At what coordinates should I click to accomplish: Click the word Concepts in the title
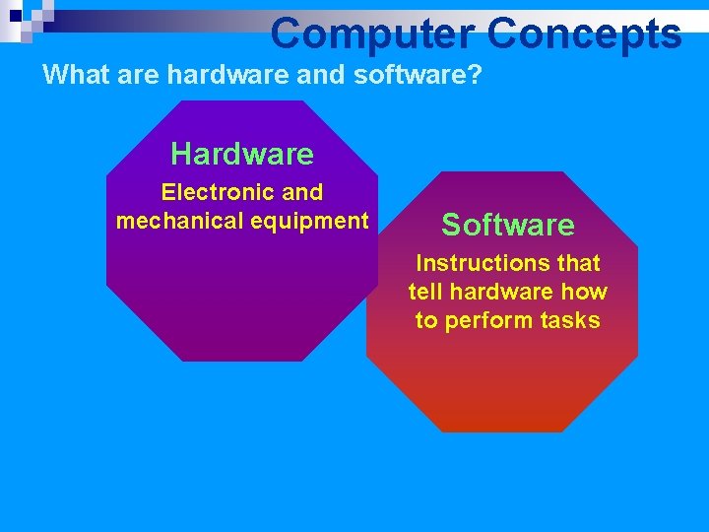coord(583,33)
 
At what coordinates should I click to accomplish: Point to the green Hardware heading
coord(241,154)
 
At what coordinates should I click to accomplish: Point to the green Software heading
coord(507,225)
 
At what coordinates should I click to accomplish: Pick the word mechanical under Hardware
coord(179,221)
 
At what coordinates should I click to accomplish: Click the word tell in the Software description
coord(424,292)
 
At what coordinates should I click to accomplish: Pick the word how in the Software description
coord(585,292)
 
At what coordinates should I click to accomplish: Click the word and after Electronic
coord(302,192)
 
